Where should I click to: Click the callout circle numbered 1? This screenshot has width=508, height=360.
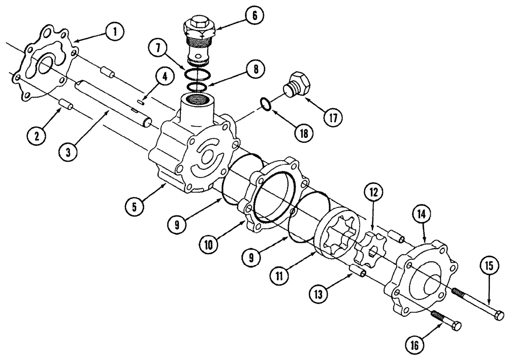tap(115, 32)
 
